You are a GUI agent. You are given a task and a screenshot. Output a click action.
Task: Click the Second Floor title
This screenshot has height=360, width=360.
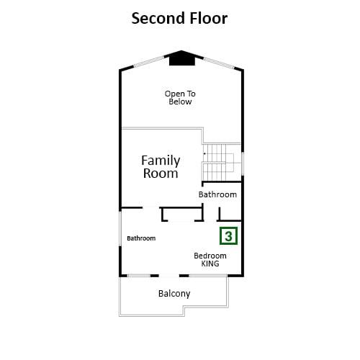tap(179, 19)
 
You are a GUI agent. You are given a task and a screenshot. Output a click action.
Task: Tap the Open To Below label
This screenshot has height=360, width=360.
tap(180, 98)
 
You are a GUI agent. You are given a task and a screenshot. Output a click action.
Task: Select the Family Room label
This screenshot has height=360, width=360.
tap(161, 167)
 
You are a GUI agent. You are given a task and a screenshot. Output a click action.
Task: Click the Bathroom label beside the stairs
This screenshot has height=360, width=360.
tap(217, 194)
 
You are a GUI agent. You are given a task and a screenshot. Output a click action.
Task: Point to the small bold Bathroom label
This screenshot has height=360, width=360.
tap(141, 238)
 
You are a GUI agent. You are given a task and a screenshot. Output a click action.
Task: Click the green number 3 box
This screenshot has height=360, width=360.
tap(228, 236)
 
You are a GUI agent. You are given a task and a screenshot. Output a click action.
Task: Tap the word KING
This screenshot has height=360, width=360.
tap(210, 264)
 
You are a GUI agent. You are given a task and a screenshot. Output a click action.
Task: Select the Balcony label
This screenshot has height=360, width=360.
tap(174, 294)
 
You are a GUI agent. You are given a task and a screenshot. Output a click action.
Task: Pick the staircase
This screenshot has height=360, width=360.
tap(221, 162)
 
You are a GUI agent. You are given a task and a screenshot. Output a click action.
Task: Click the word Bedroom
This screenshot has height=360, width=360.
tap(210, 256)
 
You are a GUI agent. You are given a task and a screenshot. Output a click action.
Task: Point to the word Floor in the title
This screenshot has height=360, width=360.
tap(209, 19)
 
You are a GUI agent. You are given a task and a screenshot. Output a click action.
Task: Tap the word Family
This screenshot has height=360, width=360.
tap(161, 161)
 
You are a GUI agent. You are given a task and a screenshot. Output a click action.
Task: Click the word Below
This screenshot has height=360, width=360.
tap(180, 102)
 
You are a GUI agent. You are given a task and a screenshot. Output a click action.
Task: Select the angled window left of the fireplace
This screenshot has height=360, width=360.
tap(149, 61)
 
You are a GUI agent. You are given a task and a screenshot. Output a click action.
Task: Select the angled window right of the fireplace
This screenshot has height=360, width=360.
tap(219, 63)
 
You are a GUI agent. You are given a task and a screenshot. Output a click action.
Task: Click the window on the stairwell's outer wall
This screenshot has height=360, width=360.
tap(243, 163)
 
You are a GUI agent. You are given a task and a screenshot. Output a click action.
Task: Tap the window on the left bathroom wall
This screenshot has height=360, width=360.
tap(120, 229)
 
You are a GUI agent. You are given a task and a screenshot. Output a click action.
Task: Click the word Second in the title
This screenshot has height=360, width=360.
tap(158, 19)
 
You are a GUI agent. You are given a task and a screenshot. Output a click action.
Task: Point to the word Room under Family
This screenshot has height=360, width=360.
tap(161, 174)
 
